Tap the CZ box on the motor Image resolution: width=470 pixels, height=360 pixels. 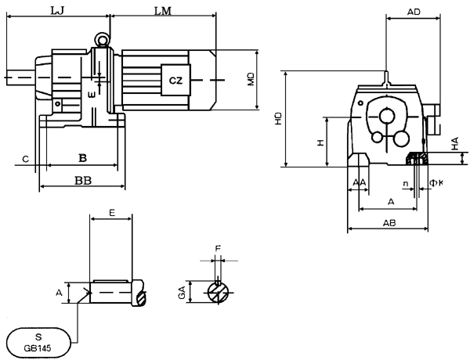coord(175,80)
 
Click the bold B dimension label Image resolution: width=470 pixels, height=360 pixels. coord(82,157)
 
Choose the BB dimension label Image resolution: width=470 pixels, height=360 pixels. coord(82,179)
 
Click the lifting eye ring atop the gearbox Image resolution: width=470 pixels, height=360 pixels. coord(103,38)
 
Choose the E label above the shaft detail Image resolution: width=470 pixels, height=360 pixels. coord(112,213)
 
